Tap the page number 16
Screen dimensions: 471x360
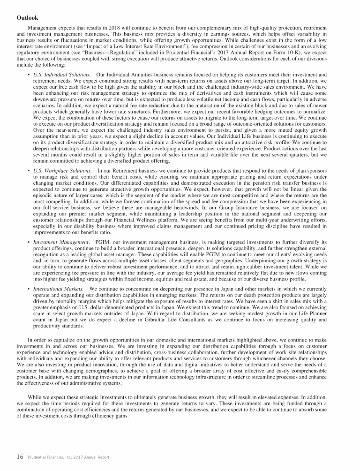coord(20,457)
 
